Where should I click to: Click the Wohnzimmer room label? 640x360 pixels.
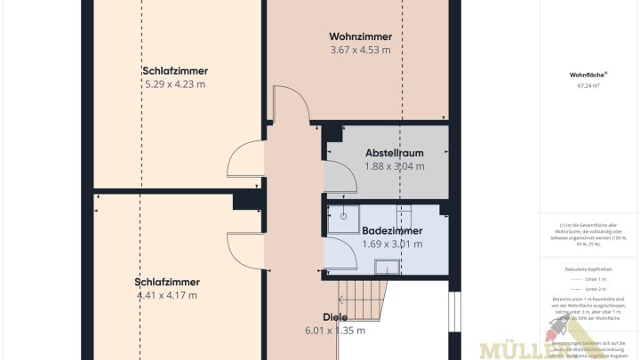pyautogui.click(x=360, y=36)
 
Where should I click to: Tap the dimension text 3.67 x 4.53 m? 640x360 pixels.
pyautogui.click(x=360, y=50)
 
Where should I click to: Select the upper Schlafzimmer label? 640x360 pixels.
pyautogui.click(x=175, y=71)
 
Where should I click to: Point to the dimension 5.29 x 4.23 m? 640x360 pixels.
pyautogui.click(x=175, y=84)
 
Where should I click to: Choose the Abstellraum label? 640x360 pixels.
pyautogui.click(x=394, y=153)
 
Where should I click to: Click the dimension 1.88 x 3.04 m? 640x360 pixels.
pyautogui.click(x=394, y=166)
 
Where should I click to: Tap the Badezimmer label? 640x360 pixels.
pyautogui.click(x=392, y=230)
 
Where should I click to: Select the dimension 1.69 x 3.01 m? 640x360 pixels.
pyautogui.click(x=392, y=243)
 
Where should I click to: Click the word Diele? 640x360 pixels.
pyautogui.click(x=335, y=316)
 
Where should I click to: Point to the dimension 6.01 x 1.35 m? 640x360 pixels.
pyautogui.click(x=335, y=330)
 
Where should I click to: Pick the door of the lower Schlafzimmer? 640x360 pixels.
pyautogui.click(x=245, y=250)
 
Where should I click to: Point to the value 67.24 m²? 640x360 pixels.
pyautogui.click(x=587, y=86)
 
